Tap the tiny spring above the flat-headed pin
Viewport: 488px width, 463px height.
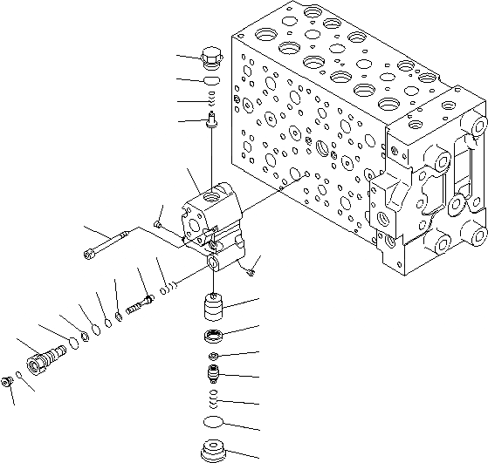[212, 106]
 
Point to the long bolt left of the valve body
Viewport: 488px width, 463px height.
[113, 243]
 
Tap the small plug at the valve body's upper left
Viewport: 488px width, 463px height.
[155, 226]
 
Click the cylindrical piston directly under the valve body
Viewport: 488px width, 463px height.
[214, 310]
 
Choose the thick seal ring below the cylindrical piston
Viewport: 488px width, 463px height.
[214, 336]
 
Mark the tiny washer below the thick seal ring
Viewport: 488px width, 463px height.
[214, 357]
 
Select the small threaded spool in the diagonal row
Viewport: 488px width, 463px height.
[140, 304]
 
